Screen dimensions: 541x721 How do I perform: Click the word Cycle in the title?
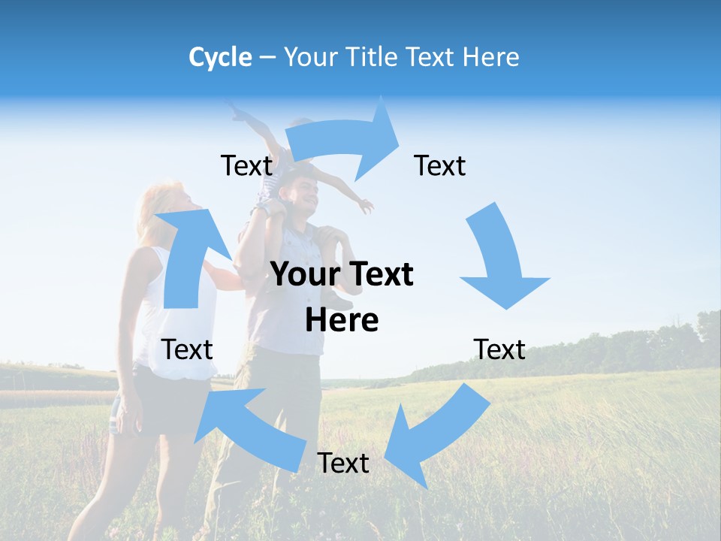click(x=220, y=57)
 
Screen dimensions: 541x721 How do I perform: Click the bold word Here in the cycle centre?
click(x=342, y=320)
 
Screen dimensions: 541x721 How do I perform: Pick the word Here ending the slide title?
click(x=491, y=57)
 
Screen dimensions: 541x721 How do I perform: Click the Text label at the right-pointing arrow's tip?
click(x=440, y=165)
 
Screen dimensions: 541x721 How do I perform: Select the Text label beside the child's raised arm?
click(x=246, y=165)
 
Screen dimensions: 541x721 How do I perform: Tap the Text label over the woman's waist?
click(x=187, y=349)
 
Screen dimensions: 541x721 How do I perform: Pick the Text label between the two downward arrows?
click(x=499, y=349)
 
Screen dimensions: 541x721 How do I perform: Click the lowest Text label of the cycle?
click(x=343, y=463)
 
